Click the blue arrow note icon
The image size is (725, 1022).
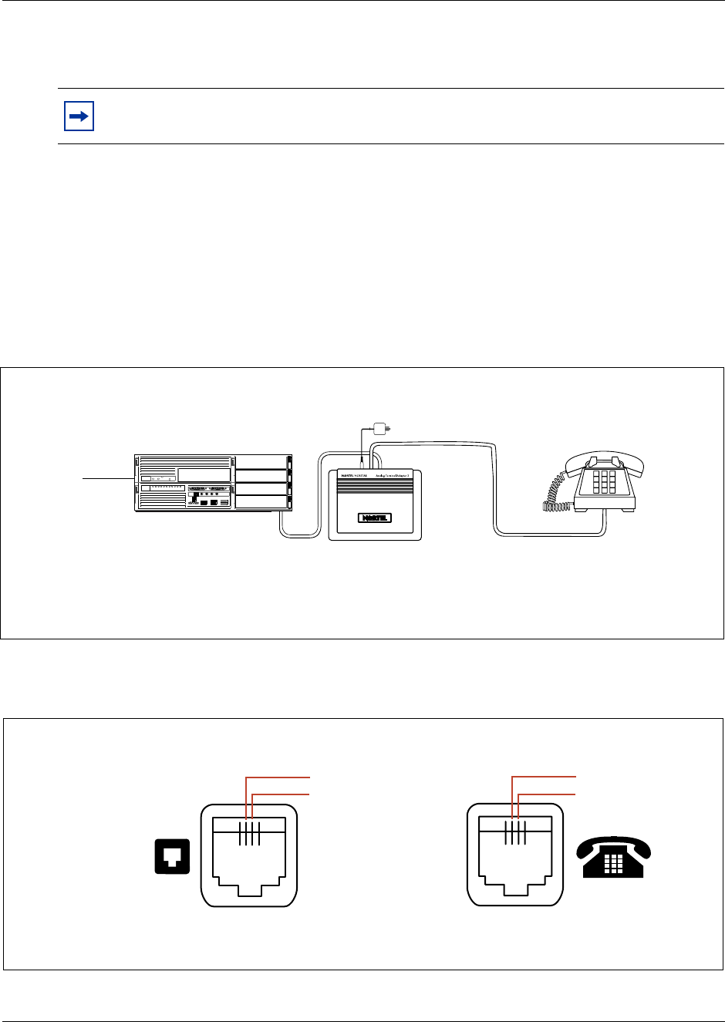click(x=77, y=116)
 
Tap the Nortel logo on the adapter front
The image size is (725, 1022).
click(x=376, y=518)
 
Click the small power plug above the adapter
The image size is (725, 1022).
click(x=379, y=427)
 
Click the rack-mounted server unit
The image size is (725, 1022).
click(x=214, y=483)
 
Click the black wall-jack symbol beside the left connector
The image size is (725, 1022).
click(x=172, y=857)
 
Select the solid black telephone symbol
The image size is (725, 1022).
click(x=614, y=857)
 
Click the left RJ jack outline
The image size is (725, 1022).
click(x=249, y=855)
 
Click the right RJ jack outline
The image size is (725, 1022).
click(x=515, y=855)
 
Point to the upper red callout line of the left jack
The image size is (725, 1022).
click(x=278, y=777)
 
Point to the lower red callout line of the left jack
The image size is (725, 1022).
click(x=282, y=793)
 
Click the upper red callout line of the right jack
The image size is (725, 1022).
click(x=545, y=777)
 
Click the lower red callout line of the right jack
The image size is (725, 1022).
click(x=548, y=793)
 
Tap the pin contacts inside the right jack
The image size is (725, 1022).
click(x=515, y=834)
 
